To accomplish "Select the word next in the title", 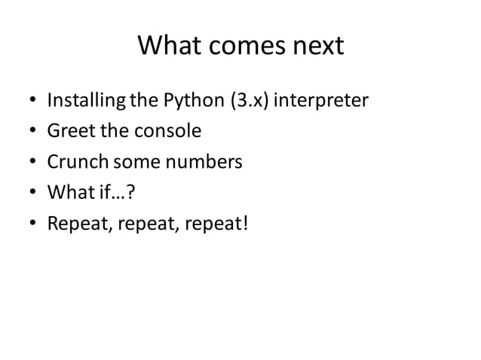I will click(317, 47).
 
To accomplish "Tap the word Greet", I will click(71, 131).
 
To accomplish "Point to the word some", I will click(136, 162).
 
